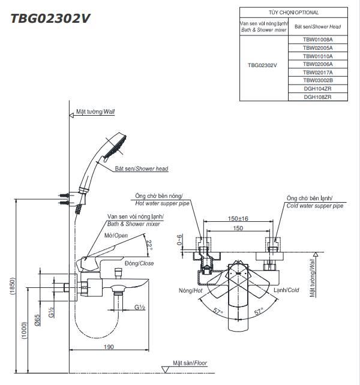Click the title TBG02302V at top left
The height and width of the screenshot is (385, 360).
50,18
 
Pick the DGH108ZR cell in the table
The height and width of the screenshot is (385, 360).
317,97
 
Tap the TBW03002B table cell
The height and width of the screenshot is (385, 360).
317,80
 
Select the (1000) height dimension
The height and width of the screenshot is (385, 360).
25,330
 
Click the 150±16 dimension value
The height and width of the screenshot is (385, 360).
238,219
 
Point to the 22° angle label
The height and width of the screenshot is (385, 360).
149,245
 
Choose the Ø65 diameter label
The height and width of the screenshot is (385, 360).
38,320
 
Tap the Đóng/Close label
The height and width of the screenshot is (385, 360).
139,263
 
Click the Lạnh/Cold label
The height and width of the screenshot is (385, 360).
286,291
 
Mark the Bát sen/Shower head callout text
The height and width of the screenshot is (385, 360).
142,169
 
